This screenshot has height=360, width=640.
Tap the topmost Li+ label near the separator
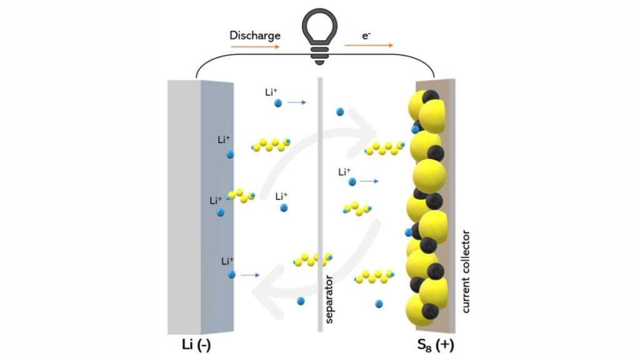(271, 92)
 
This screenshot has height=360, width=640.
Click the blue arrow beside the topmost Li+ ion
(296, 102)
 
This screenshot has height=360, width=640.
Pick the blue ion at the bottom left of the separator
(301, 301)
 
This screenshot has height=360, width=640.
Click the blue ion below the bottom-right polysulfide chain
(379, 304)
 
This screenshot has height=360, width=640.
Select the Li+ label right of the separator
(344, 172)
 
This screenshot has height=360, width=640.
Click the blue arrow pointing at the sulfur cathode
(369, 181)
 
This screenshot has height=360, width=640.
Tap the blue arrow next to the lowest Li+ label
(250, 274)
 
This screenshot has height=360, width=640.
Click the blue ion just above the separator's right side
(340, 112)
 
